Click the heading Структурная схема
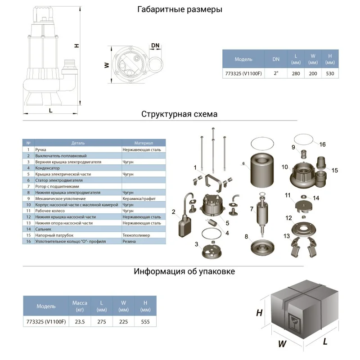[x=179, y=114]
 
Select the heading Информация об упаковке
[x=184, y=271]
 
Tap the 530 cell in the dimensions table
[x=329, y=73]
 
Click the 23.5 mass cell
[x=80, y=321]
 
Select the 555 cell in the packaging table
[x=145, y=321]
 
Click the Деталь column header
[x=78, y=143]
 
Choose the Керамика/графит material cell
[x=139, y=198]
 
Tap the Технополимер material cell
[x=136, y=235]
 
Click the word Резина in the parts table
[x=130, y=241]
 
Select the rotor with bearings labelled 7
[x=262, y=211]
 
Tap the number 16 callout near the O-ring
[x=322, y=144]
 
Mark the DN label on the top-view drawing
[x=156, y=46]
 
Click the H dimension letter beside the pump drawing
[x=76, y=45]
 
